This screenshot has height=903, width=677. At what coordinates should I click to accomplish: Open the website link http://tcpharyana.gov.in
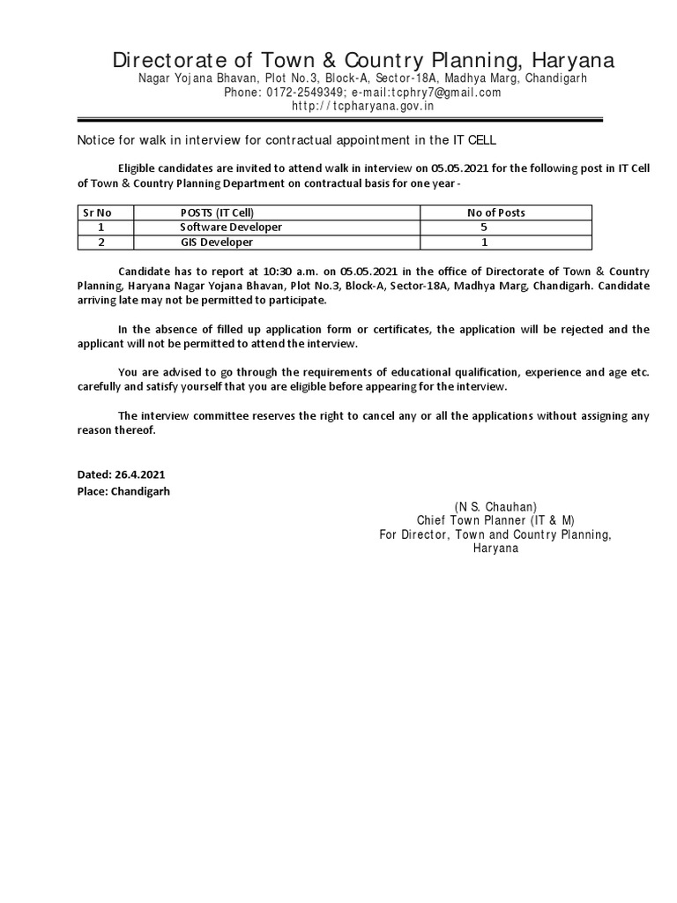tap(363, 106)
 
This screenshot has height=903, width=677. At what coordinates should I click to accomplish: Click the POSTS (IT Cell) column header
tap(222, 213)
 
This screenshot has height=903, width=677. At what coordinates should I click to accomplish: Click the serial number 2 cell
tap(101, 242)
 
